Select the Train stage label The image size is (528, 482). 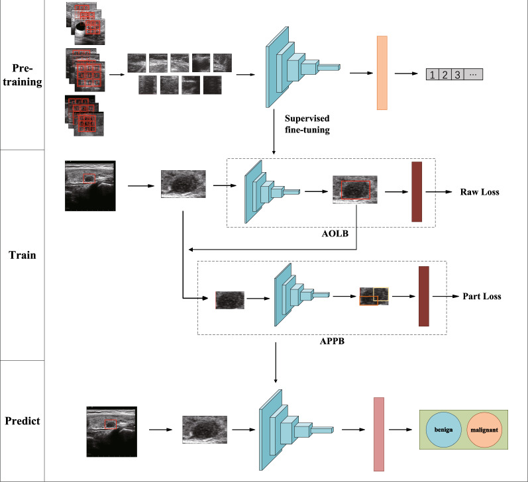[x=23, y=252]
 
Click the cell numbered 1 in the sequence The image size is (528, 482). [x=432, y=75]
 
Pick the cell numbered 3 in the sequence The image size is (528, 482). [x=458, y=75]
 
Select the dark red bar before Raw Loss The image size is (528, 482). [x=417, y=191]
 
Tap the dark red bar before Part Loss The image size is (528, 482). [x=423, y=296]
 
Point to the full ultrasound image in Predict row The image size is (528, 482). [x=111, y=432]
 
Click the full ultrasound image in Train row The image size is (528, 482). [x=90, y=185]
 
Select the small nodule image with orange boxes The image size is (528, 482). [x=374, y=296]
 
